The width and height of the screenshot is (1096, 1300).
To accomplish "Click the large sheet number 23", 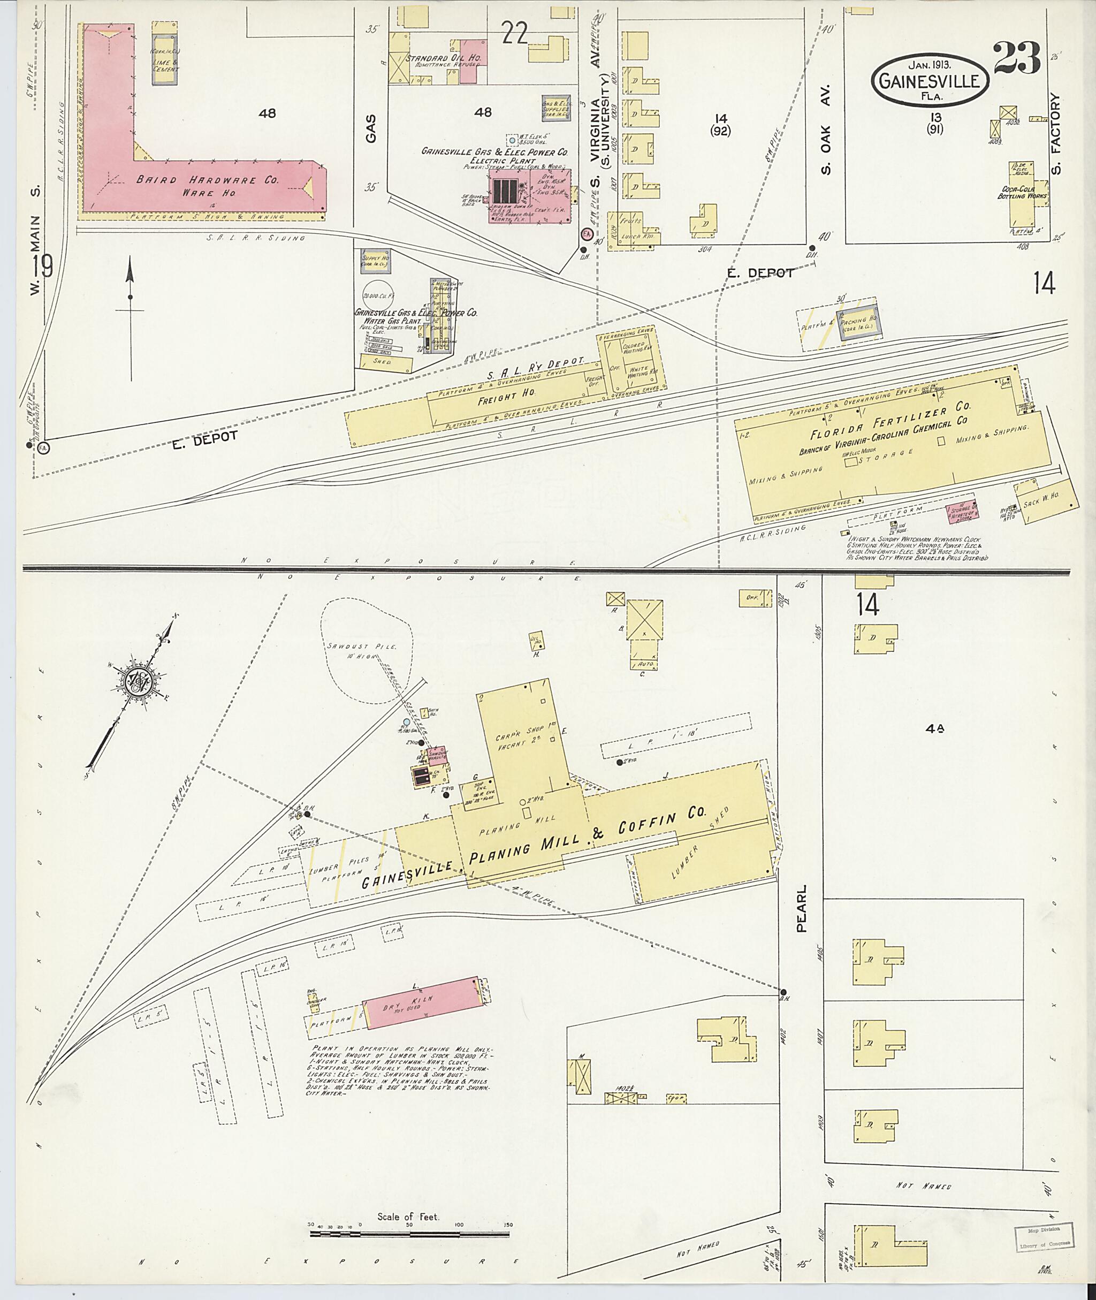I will (x=1016, y=58).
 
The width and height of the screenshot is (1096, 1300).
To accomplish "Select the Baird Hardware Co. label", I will (x=204, y=180).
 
